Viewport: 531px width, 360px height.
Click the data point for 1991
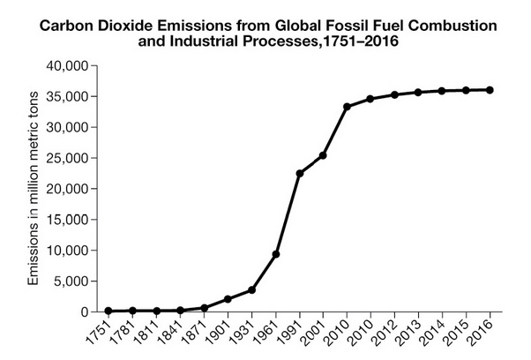(x=299, y=173)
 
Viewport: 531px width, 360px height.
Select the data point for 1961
(x=275, y=254)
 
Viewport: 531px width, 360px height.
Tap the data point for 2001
(x=323, y=155)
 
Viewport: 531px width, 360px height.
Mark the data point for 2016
(x=490, y=90)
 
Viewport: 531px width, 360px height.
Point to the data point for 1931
(x=251, y=289)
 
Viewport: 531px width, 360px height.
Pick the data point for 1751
(x=108, y=311)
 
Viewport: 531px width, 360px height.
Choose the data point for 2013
(x=418, y=92)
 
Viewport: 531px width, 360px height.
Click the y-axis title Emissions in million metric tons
(x=34, y=190)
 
